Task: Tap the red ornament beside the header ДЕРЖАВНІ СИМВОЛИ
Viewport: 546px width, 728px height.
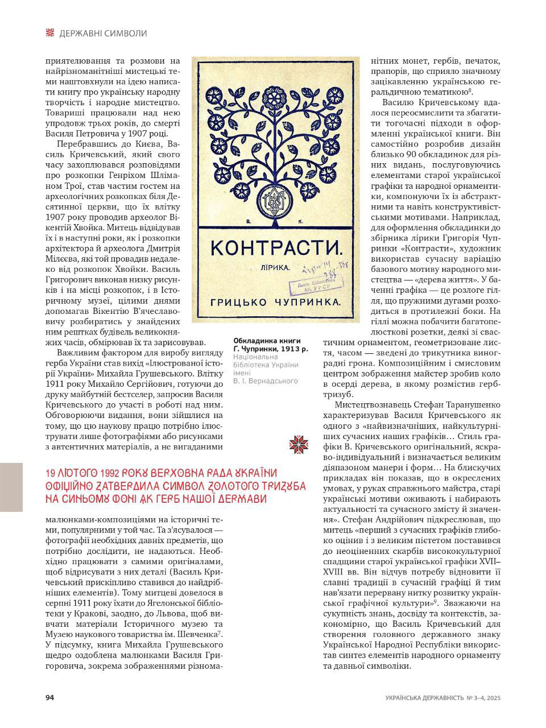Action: (50, 33)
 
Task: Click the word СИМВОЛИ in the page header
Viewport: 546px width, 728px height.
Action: (126, 34)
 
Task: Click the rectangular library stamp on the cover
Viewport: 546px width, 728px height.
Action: (312, 283)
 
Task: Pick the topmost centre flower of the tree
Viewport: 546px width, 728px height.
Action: (276, 92)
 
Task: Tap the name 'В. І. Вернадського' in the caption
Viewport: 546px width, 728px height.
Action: (266, 380)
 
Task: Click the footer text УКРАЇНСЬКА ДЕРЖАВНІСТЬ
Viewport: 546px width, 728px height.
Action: (424, 698)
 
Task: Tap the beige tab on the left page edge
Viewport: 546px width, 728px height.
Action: (11, 487)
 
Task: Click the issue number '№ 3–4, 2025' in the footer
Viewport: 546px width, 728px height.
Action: (483, 698)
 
